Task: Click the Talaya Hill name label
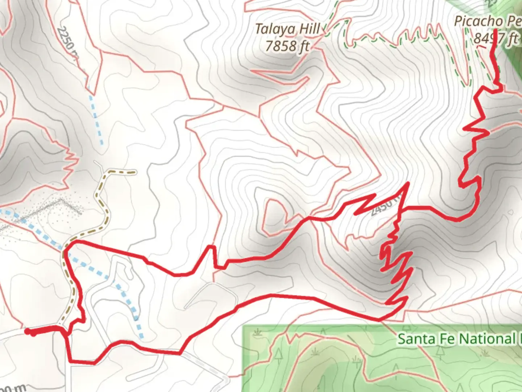coord(287,29)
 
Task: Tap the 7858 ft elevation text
coord(287,46)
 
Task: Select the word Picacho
coord(478,21)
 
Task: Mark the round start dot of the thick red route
coord(28,331)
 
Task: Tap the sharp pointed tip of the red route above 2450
coord(409,183)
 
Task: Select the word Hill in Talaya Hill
coord(308,29)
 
